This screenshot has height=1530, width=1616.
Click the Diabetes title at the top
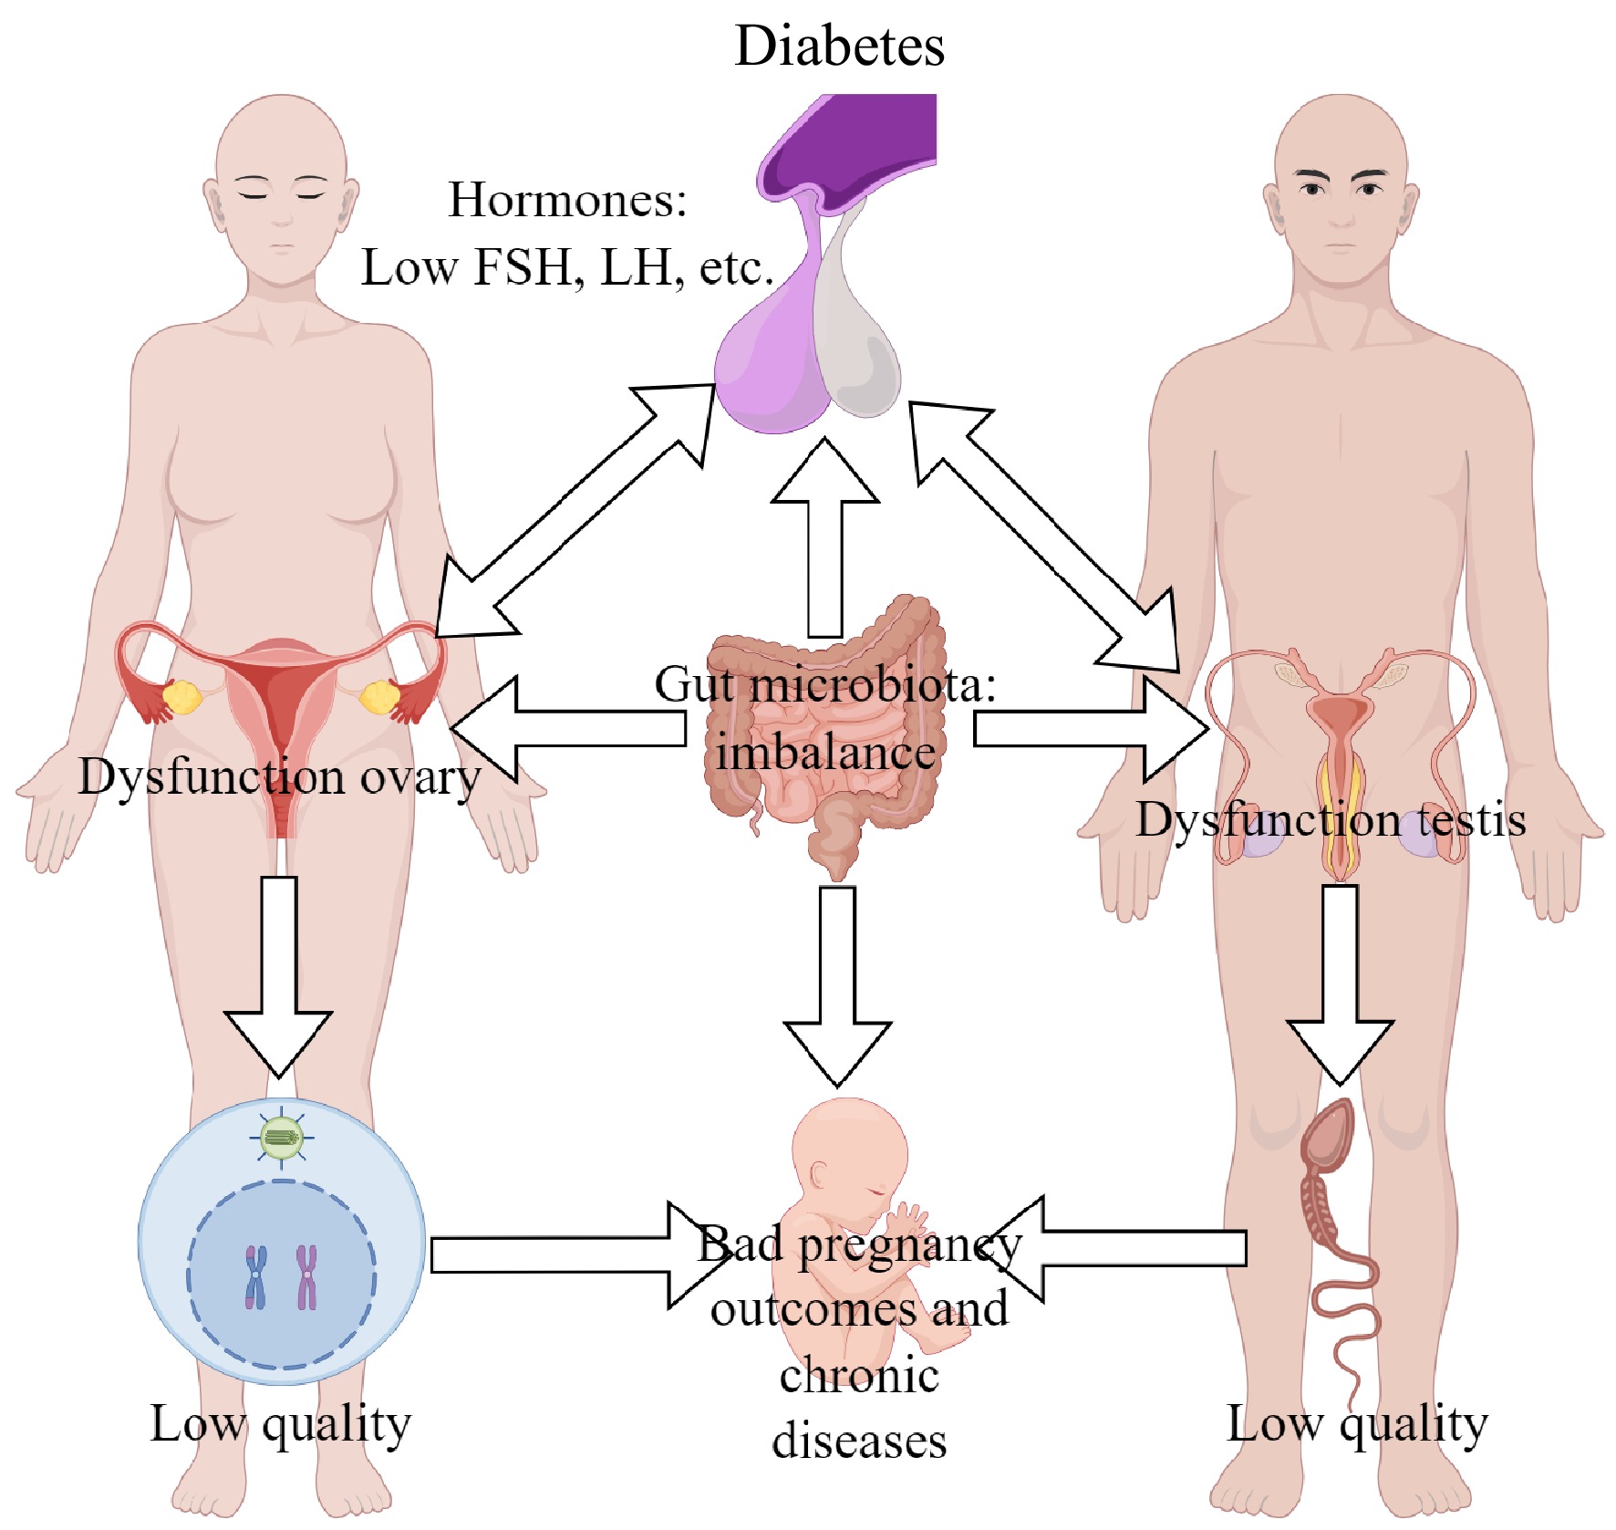(x=839, y=46)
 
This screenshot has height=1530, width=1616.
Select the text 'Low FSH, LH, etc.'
(x=567, y=268)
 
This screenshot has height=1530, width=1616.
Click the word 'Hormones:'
(x=567, y=200)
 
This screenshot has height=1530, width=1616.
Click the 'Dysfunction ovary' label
(x=279, y=777)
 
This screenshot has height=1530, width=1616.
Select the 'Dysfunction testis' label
(x=1331, y=819)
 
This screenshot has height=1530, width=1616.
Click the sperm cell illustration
(x=1331, y=1213)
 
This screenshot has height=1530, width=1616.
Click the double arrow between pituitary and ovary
(x=575, y=511)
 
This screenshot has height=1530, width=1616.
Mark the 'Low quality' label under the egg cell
(x=281, y=1423)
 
